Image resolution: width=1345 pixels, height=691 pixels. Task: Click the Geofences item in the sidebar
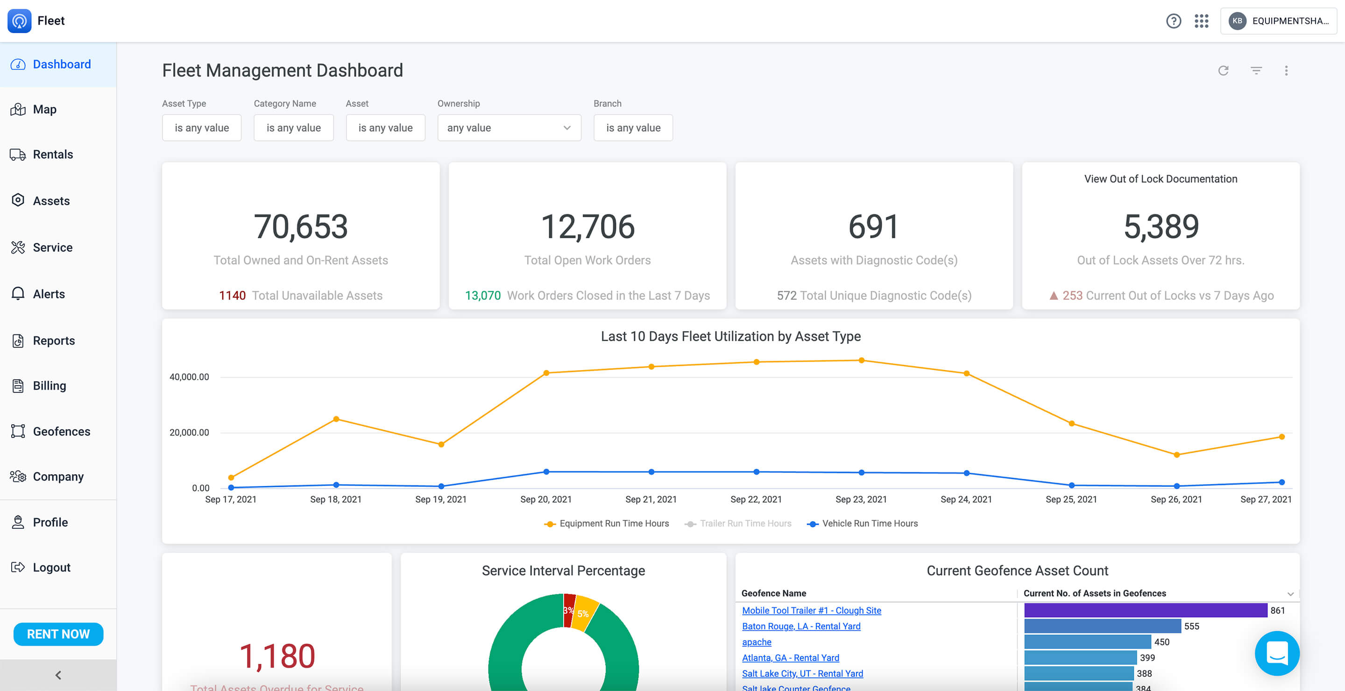coord(61,431)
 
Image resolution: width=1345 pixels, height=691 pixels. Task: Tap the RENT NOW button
coord(58,634)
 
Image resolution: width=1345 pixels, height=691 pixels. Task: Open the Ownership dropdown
coord(509,128)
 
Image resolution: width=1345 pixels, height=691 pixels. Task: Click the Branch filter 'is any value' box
coord(633,128)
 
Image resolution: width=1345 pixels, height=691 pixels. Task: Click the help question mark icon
coord(1173,21)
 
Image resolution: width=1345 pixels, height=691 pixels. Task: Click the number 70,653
coord(301,227)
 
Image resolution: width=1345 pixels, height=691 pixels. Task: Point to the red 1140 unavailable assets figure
coord(232,296)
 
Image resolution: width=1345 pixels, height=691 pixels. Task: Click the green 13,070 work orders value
coord(482,296)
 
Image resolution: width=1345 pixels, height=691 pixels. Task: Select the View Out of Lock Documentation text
coord(1160,179)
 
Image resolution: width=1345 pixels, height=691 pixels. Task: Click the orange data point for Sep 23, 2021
coord(862,360)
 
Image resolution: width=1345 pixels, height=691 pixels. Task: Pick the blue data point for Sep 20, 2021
coord(546,471)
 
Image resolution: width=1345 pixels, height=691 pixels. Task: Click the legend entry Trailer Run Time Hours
coord(744,523)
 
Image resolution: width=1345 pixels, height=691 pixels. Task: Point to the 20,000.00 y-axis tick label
coord(189,433)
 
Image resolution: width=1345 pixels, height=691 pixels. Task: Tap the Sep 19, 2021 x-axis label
coord(441,499)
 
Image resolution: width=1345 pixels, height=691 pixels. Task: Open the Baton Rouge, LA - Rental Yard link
coord(801,626)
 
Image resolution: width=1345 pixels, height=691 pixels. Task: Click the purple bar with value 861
coord(1145,610)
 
